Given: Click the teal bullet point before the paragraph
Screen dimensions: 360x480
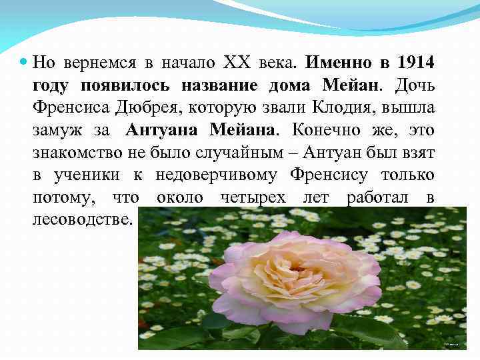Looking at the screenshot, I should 24,62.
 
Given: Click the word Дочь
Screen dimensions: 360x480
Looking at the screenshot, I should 415,85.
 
